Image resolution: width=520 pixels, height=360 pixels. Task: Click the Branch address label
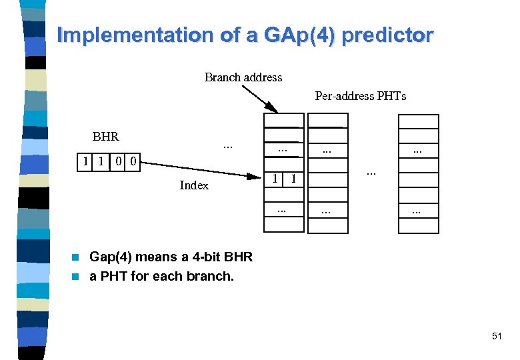(243, 77)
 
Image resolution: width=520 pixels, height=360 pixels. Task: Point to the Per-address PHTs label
(360, 96)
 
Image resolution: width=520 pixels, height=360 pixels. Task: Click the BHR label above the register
(105, 137)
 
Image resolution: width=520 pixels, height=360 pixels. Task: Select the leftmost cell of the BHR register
(84, 161)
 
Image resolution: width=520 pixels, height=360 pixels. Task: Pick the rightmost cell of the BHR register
(133, 161)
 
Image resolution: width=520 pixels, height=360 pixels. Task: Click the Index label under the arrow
(194, 185)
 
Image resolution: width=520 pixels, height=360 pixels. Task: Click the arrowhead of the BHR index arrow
(256, 177)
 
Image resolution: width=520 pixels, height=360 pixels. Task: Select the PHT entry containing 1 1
(284, 179)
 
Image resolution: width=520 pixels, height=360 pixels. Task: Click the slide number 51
(497, 337)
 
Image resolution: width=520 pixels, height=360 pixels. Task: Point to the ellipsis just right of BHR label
(227, 145)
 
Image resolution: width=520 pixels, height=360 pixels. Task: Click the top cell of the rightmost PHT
(418, 121)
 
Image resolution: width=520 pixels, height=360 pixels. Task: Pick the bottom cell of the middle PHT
(327, 226)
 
